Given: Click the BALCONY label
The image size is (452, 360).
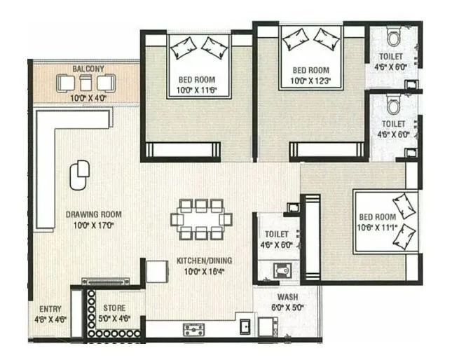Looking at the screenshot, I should tap(88, 69).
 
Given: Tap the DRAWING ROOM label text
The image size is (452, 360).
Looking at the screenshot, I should tap(93, 214).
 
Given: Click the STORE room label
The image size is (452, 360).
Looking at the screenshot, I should tap(115, 308).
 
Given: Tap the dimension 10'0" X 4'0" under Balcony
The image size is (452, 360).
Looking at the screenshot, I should tap(88, 98).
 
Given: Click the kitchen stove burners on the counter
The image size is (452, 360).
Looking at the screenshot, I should tap(193, 328).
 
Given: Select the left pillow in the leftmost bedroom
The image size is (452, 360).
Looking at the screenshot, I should tap(183, 47).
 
